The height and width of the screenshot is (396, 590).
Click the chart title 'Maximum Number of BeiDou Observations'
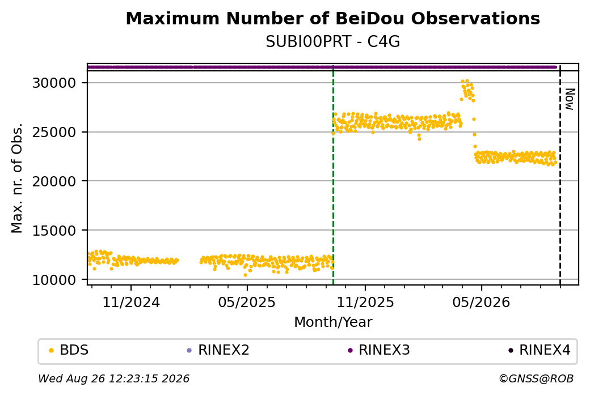tap(332, 18)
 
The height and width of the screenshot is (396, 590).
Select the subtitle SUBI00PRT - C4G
tap(332, 42)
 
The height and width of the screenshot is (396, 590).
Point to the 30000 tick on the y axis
tap(54, 83)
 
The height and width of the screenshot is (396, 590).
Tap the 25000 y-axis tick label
tap(54, 132)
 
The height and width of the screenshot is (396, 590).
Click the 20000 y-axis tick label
tap(54, 181)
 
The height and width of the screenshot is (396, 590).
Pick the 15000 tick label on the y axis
tap(54, 231)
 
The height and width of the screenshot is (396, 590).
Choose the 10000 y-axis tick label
tap(54, 280)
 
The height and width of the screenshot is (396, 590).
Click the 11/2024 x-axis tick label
tap(131, 302)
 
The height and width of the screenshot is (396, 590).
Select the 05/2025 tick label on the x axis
tap(247, 302)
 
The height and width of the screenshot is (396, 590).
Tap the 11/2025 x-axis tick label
tap(365, 302)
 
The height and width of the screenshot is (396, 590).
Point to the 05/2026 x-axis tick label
tap(481, 302)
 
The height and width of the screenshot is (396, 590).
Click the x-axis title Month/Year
tap(333, 322)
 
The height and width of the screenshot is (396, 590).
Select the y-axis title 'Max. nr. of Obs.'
tap(17, 178)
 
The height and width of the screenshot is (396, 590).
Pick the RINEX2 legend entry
tap(218, 350)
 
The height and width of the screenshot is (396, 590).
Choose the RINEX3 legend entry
tap(379, 350)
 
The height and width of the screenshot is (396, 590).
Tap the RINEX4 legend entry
tap(540, 350)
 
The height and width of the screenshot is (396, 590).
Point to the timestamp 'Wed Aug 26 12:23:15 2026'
tap(113, 378)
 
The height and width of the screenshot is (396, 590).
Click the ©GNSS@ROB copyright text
tap(536, 378)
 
